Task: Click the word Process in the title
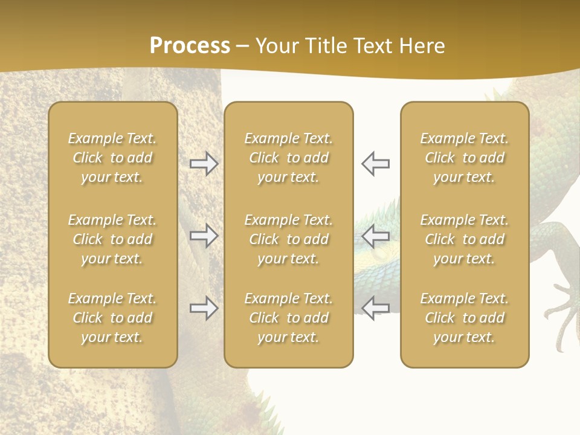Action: [x=190, y=46]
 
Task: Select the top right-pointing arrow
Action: [x=204, y=164]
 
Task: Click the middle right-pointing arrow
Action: [x=204, y=236]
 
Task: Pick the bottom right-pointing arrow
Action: [x=204, y=308]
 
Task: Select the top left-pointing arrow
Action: [x=376, y=164]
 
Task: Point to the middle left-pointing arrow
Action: [x=376, y=236]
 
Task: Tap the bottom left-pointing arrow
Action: [x=376, y=307]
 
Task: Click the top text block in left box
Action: [x=112, y=158]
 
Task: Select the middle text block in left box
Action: [x=112, y=239]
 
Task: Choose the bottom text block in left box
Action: [x=112, y=318]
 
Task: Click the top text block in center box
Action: [x=289, y=158]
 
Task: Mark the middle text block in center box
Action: [x=289, y=239]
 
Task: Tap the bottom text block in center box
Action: [x=289, y=318]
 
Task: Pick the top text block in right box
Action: [x=465, y=158]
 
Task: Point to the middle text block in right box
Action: [x=465, y=239]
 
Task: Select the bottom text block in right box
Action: [x=465, y=318]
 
